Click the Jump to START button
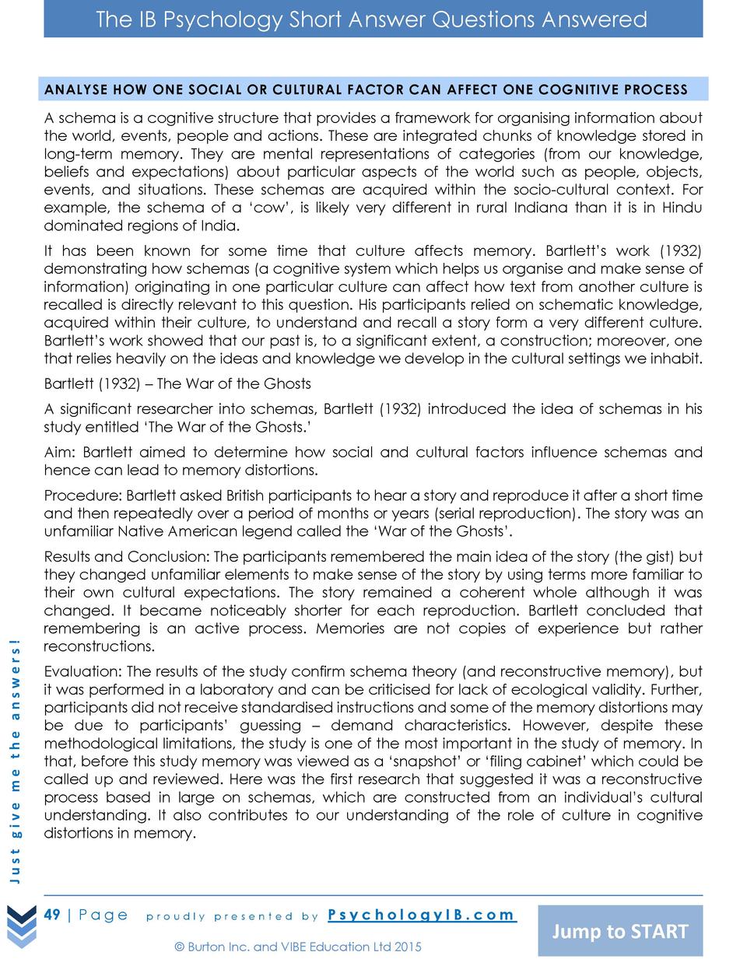[620, 931]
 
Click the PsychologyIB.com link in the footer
[421, 915]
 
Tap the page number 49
[52, 914]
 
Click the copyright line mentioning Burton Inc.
[298, 947]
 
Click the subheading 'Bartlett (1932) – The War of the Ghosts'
[177, 383]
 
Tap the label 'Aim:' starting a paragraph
[61, 452]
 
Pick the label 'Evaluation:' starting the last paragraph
[83, 671]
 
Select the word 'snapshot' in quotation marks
[424, 761]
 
